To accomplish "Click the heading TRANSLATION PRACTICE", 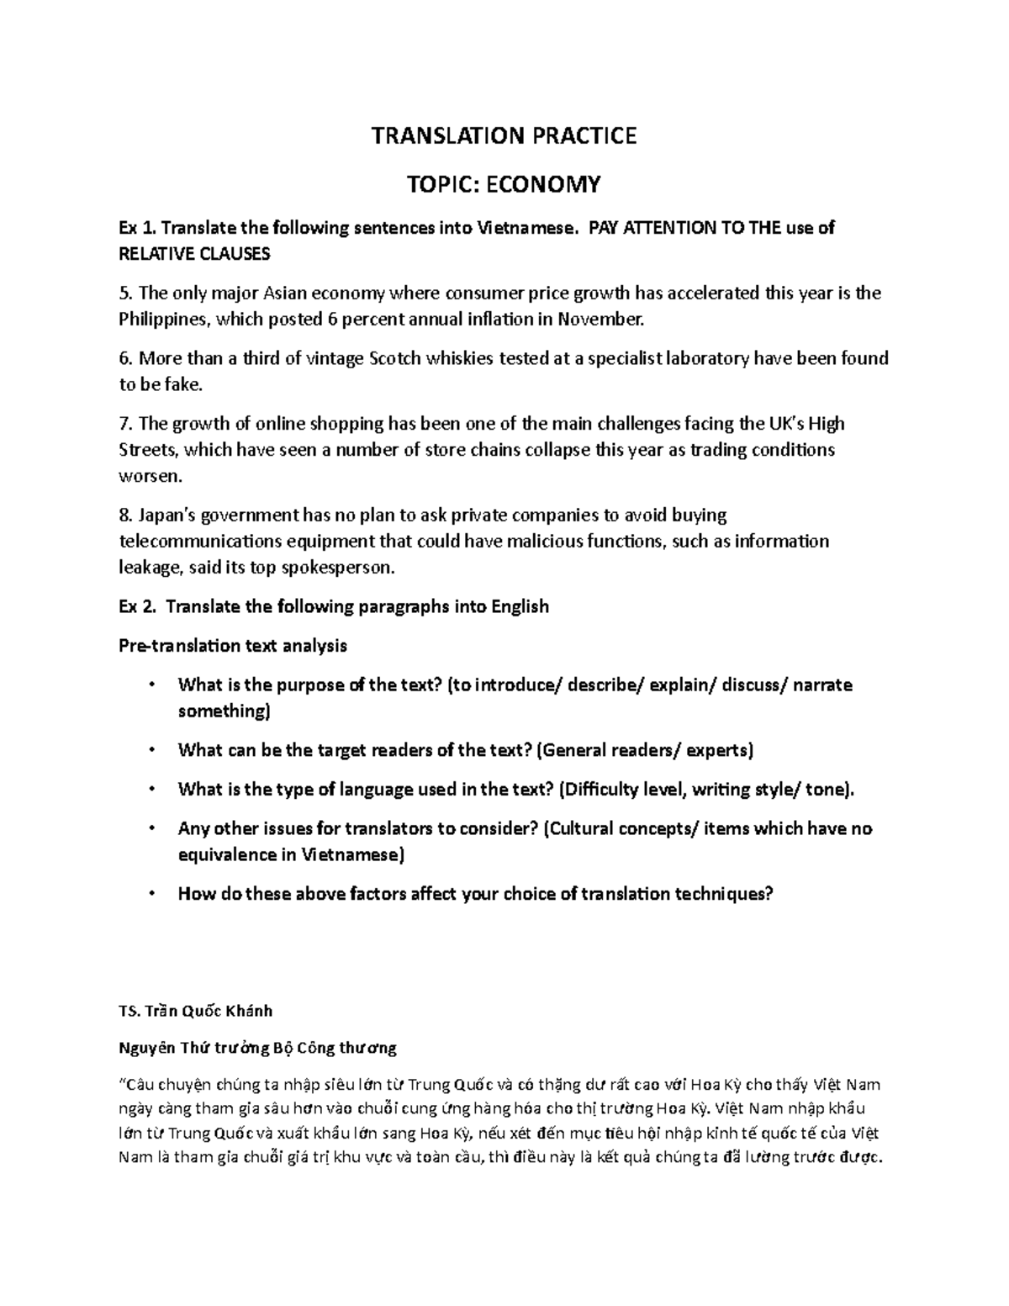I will click(x=504, y=135).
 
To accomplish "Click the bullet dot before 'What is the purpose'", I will click(x=151, y=685).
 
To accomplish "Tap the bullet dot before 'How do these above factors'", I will click(x=151, y=894).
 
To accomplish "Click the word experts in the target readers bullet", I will click(x=716, y=750).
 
